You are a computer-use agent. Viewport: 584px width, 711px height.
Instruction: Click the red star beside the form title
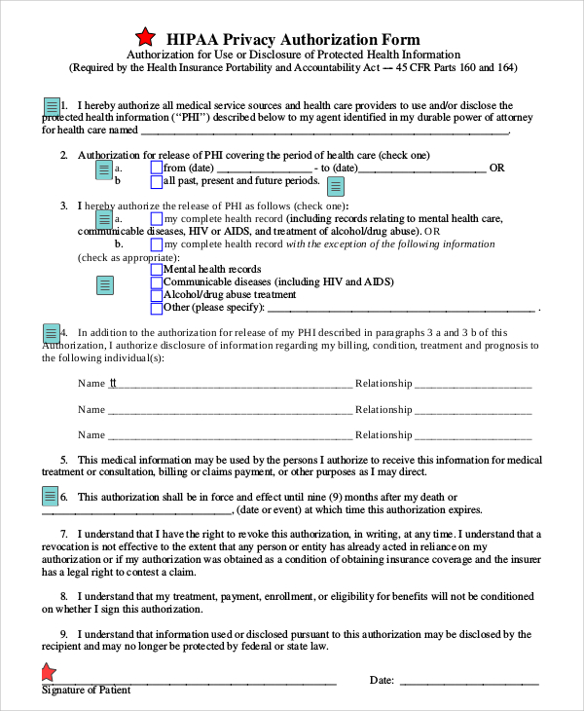(145, 38)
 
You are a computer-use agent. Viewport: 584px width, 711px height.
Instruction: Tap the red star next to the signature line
(48, 672)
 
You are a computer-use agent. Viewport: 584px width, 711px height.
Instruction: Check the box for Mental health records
(157, 269)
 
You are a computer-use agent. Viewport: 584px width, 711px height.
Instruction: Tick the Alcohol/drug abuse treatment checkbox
(157, 294)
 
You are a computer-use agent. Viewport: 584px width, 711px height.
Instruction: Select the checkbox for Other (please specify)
(157, 308)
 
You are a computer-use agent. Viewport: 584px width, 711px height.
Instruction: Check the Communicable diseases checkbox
(157, 281)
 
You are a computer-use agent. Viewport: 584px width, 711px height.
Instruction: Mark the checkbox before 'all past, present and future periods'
(157, 180)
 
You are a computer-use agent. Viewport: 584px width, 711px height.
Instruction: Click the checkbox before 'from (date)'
(157, 168)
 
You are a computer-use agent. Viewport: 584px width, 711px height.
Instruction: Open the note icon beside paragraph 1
(52, 106)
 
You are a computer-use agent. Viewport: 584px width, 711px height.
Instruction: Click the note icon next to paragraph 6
(52, 497)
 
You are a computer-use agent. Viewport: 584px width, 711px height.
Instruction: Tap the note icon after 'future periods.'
(335, 186)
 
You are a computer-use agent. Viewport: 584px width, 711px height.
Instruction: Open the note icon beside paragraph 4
(52, 333)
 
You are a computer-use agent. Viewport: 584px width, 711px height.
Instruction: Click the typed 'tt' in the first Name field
(113, 383)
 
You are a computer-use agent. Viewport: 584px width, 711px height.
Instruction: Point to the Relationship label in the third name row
(383, 435)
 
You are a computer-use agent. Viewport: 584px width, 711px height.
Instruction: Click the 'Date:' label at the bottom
(382, 680)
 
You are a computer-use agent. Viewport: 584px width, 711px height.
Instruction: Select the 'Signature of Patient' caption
(86, 691)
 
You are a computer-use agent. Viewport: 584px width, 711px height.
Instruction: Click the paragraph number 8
(63, 595)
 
